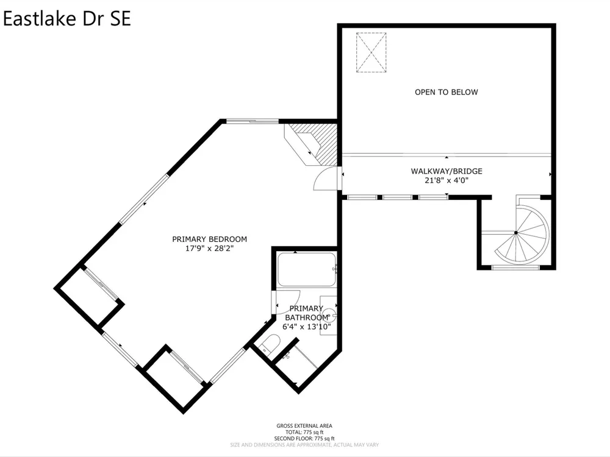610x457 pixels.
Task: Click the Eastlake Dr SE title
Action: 67,19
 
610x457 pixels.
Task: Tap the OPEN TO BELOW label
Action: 447,92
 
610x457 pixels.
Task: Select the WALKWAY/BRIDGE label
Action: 447,171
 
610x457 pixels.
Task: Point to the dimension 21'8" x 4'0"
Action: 447,180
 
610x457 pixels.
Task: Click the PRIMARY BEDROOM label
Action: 210,239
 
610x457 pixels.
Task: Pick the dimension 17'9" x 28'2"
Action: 210,249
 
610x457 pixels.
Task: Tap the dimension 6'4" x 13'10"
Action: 307,327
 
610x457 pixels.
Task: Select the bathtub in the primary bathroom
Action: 307,269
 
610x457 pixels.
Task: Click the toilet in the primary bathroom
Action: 270,344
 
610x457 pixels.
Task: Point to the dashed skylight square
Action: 371,52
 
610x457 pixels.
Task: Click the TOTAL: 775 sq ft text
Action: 304,432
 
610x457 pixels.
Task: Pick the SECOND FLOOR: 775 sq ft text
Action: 304,438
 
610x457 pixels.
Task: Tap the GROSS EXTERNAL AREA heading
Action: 304,426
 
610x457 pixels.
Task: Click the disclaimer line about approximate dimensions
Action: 304,445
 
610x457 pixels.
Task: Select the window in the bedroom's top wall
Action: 253,121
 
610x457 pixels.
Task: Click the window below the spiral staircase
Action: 515,267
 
